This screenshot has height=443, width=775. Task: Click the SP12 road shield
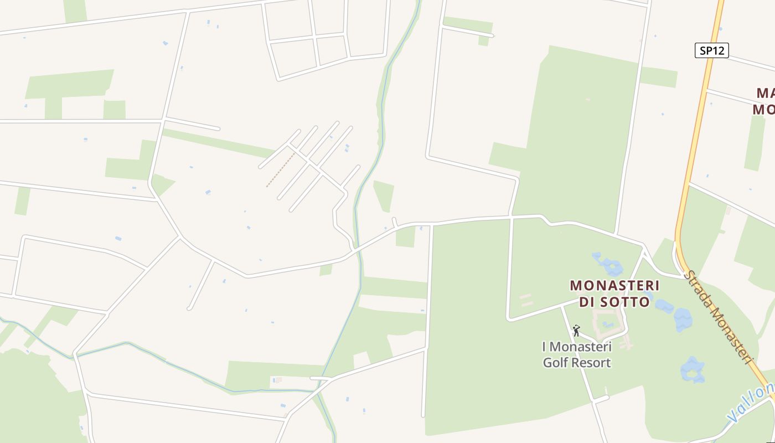(x=711, y=50)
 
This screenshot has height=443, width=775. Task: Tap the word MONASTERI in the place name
(x=614, y=286)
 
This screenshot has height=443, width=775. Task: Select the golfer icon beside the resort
(x=576, y=331)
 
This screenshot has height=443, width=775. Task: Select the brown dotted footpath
(x=280, y=170)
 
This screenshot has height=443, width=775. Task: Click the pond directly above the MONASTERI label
(x=609, y=265)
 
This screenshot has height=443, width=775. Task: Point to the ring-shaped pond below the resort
(x=692, y=369)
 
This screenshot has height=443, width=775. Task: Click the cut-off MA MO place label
(x=764, y=100)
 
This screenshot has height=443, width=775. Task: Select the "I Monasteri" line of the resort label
(x=576, y=347)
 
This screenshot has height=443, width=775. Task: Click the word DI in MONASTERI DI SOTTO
(x=590, y=302)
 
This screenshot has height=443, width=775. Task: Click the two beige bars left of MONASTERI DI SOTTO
(x=526, y=300)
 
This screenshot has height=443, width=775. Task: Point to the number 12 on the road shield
(x=718, y=50)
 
